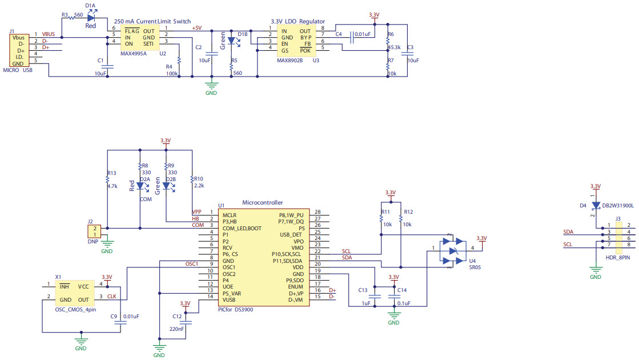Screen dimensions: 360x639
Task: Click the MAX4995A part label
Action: tap(134, 54)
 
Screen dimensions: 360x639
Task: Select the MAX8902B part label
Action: tap(290, 60)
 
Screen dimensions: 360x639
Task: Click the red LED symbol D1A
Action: tap(91, 17)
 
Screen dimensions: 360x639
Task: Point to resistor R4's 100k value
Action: tap(172, 74)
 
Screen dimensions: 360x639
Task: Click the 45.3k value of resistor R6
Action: tap(394, 47)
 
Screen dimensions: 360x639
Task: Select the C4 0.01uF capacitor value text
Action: tap(363, 34)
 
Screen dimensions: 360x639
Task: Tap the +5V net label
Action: tap(196, 28)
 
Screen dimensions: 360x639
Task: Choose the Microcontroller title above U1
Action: tap(262, 202)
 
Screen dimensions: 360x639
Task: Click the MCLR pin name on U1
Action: tap(230, 215)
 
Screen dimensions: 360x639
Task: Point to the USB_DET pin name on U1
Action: tap(291, 235)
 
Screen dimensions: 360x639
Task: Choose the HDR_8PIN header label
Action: tap(618, 258)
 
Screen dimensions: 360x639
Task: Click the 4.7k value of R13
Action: tap(112, 186)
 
